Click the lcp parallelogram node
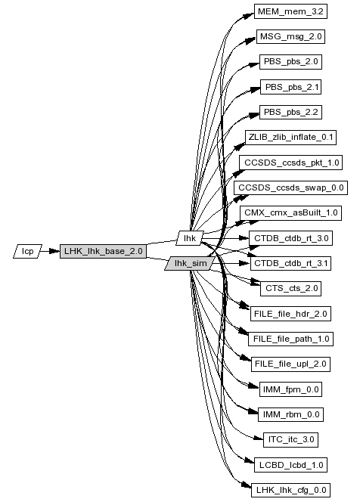point(27,251)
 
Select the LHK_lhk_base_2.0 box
point(103,251)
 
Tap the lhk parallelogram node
point(190,238)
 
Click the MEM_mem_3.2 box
point(291,11)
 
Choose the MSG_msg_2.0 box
point(291,36)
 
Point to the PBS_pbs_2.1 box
point(291,87)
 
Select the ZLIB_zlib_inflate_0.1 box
point(291,138)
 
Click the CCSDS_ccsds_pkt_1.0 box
point(291,163)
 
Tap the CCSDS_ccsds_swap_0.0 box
point(291,187)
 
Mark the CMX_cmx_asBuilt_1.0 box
point(291,213)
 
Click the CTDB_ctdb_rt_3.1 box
point(291,264)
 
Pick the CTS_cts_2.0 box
point(291,289)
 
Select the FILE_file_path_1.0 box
point(291,339)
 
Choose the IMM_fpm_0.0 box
point(291,389)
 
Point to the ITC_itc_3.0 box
point(291,439)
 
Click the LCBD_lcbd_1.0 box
point(291,465)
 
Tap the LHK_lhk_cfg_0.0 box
point(291,490)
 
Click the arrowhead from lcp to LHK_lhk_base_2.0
point(55,251)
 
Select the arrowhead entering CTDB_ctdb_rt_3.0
point(244,238)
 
